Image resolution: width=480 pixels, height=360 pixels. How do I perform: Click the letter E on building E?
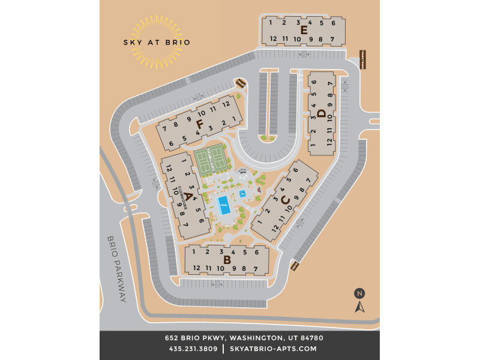[x=304, y=30]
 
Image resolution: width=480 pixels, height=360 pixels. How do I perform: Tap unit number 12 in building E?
[x=273, y=39]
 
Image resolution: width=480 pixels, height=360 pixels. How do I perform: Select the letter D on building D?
[x=322, y=113]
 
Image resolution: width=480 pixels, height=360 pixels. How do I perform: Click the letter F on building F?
[x=199, y=124]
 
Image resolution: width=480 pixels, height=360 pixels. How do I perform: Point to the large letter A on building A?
[x=188, y=196]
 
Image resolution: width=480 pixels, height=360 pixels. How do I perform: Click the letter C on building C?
[x=285, y=200]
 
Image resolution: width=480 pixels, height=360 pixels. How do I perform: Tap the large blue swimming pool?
[x=224, y=206]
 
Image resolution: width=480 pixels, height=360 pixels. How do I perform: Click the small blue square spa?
[x=243, y=194]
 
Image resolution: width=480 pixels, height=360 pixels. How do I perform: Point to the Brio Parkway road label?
[x=117, y=268]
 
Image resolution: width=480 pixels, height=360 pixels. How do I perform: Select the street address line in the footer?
[x=239, y=338]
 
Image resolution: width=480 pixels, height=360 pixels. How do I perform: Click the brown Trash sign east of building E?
[x=362, y=59]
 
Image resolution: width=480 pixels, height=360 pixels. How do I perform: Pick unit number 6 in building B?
[x=256, y=253]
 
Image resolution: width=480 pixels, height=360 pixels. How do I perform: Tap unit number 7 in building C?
[x=308, y=180]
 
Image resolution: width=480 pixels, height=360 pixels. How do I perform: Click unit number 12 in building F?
[x=226, y=103]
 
